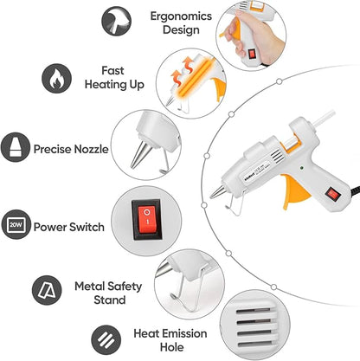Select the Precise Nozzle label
click(x=70, y=149)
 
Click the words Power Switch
click(x=69, y=228)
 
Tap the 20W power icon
click(x=16, y=227)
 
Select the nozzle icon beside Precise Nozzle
click(x=16, y=148)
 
